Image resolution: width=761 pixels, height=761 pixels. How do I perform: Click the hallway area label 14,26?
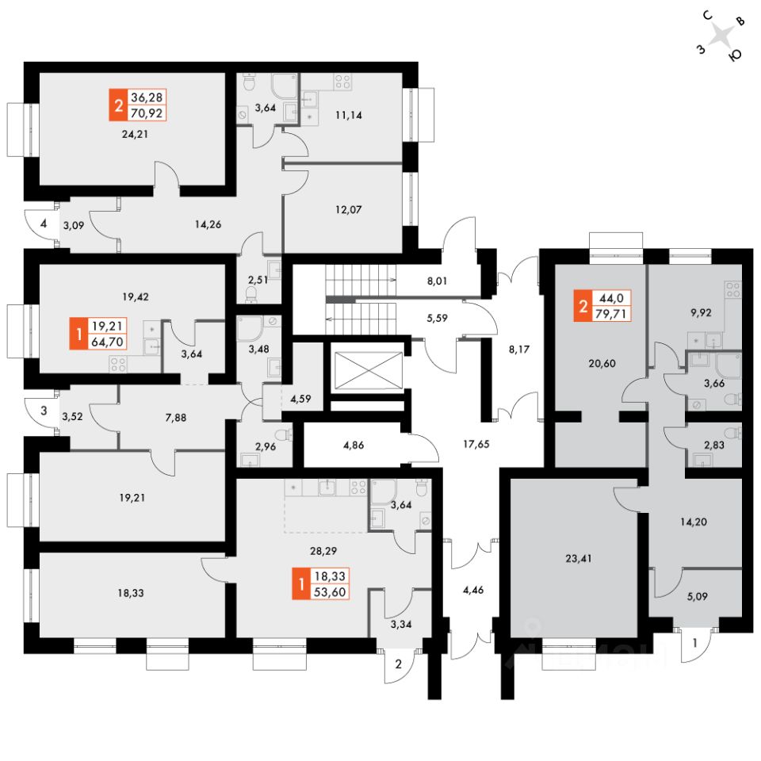tap(208, 224)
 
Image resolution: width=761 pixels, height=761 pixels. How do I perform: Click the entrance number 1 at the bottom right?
tap(694, 644)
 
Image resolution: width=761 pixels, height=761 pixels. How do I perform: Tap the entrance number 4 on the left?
tap(44, 224)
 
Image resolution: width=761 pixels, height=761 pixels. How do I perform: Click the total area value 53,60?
tap(331, 591)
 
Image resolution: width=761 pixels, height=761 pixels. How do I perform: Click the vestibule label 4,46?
tap(473, 589)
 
